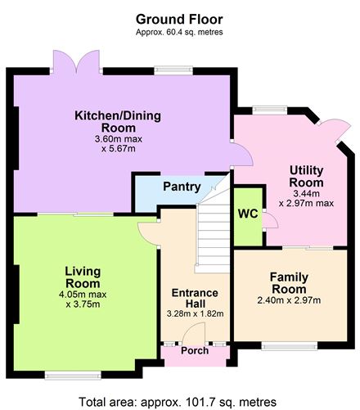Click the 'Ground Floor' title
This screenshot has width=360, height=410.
click(179, 19)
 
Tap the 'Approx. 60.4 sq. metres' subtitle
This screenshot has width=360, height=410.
click(179, 32)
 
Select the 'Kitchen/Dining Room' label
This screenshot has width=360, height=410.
click(117, 121)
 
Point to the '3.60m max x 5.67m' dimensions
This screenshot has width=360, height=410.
click(117, 143)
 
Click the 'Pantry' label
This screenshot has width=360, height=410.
click(182, 187)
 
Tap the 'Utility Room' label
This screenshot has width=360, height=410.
click(305, 177)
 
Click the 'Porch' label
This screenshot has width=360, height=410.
click(194, 353)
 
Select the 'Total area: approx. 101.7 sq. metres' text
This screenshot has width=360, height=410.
click(179, 401)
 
